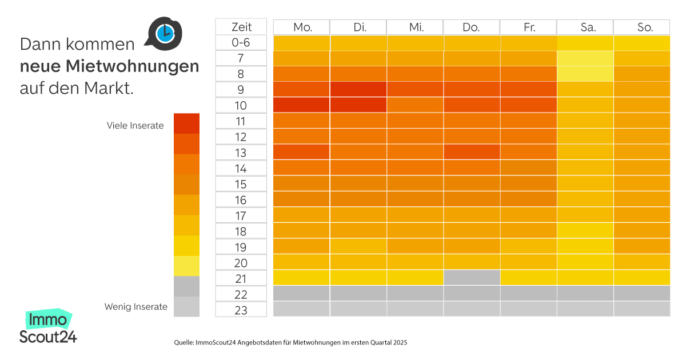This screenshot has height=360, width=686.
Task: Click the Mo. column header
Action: (x=301, y=27)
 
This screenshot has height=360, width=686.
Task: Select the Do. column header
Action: (x=471, y=27)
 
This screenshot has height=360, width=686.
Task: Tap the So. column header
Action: (x=641, y=27)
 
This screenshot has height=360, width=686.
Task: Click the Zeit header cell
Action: (x=241, y=27)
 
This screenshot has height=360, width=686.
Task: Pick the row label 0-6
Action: (x=241, y=43)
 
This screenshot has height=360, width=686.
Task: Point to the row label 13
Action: (x=241, y=153)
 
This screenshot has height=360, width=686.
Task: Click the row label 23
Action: (x=241, y=310)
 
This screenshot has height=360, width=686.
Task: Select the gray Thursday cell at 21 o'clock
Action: (x=472, y=277)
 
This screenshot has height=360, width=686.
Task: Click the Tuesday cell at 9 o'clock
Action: (x=358, y=90)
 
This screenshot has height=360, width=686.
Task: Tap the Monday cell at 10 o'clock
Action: (x=301, y=105)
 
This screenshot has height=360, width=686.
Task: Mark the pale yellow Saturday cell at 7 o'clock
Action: (x=585, y=58)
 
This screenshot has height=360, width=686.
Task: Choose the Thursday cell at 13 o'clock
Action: (x=472, y=153)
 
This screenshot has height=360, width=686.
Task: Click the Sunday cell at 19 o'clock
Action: (x=641, y=246)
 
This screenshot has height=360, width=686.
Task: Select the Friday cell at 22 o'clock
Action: (x=528, y=293)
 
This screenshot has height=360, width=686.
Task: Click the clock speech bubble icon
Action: (x=164, y=33)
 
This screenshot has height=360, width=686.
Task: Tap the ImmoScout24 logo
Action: (x=48, y=327)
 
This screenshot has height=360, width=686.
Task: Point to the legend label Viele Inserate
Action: (x=135, y=126)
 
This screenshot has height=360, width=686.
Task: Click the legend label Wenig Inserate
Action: (x=135, y=307)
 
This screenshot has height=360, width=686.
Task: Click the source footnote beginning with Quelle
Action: (x=290, y=342)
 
